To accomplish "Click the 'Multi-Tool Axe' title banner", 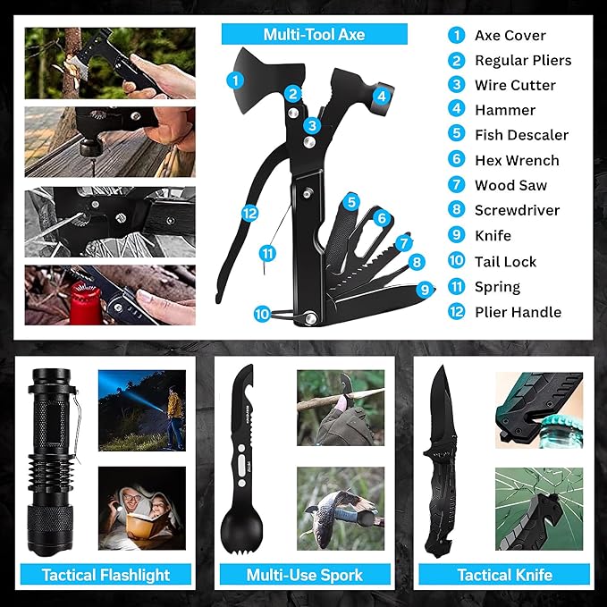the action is coord(315,34).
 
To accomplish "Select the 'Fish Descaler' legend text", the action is coord(521,135).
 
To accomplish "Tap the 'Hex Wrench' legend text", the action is coord(517,160).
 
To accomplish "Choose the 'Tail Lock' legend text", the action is coord(506,262).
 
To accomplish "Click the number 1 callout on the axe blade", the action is coord(235,80).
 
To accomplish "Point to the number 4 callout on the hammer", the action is coord(382,96).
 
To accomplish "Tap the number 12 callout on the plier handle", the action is coord(249,214).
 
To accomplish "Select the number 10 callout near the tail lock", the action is coord(262,314).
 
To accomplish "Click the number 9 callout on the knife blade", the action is coord(425,290).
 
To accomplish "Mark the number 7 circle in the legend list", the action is coord(457,184).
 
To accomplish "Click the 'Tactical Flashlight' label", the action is coord(105,575).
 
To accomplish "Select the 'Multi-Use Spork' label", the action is coord(305,575).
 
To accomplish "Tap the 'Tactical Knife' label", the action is coord(504,575).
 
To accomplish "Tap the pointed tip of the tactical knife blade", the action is coord(441,367).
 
